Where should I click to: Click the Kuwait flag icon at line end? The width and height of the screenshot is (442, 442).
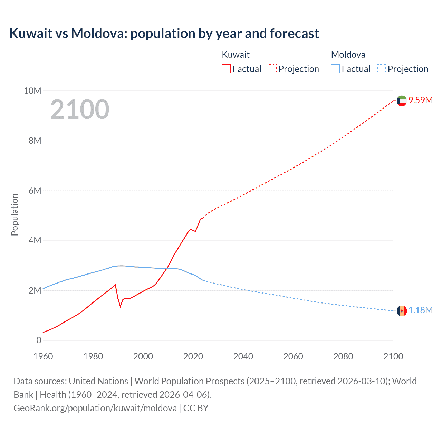(x=402, y=101)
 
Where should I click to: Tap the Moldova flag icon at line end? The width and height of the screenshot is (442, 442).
(x=402, y=311)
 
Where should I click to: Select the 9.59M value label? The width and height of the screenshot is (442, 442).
(x=421, y=100)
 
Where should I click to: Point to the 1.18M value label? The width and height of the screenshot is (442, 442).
(x=421, y=310)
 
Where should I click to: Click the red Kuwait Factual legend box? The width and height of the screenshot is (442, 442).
(x=226, y=69)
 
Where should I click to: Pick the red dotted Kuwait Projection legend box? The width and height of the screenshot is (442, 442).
(x=272, y=69)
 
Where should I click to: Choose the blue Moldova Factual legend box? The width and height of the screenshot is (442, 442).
(x=335, y=69)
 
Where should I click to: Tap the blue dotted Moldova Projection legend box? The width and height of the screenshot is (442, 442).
(x=382, y=69)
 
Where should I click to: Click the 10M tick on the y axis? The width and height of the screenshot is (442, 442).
(x=32, y=91)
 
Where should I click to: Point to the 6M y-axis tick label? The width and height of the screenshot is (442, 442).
(x=35, y=191)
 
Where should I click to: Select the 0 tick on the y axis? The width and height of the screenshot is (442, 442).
(x=39, y=340)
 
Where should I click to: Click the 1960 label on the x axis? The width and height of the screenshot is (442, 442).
(x=43, y=356)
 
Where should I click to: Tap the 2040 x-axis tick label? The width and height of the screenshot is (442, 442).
(x=243, y=356)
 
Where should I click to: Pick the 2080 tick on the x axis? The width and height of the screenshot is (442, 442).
(x=343, y=356)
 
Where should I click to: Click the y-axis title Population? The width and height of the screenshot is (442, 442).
(x=15, y=214)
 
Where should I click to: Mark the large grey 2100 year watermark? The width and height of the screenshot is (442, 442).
(x=80, y=109)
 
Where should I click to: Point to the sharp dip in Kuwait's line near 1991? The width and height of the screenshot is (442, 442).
(x=121, y=306)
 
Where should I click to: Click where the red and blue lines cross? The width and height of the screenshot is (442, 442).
(x=168, y=268)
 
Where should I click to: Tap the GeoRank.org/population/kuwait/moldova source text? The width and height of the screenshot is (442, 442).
(x=95, y=408)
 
